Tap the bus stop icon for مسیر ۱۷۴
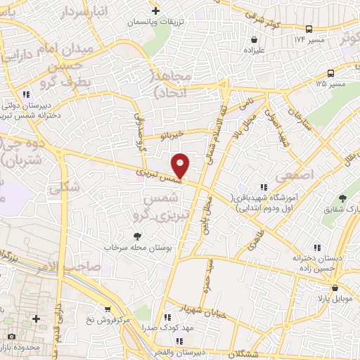click(x=309, y=29)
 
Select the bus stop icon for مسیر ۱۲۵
click(x=331, y=73)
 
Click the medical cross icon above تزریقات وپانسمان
click(x=155, y=11)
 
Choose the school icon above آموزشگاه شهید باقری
click(x=263, y=187)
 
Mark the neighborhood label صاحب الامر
click(x=74, y=266)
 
